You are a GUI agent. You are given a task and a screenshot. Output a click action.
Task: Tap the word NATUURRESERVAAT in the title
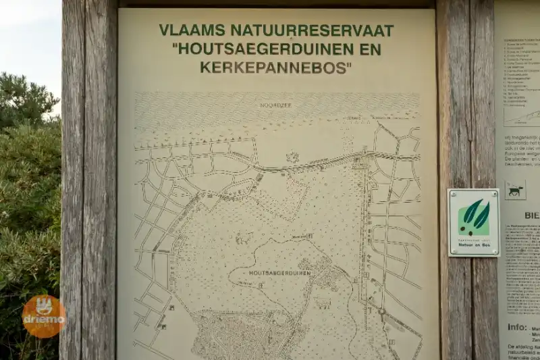coord(311,30)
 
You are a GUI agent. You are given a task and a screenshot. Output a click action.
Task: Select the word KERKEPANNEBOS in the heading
coord(275,68)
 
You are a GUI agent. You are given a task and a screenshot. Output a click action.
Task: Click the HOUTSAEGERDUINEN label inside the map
coord(279,274)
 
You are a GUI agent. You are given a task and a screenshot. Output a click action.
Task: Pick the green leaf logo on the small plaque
coord(474,217)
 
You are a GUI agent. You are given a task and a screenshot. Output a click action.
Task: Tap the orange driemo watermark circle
coord(44,316)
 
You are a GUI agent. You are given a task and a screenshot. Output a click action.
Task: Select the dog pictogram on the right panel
coord(515,191)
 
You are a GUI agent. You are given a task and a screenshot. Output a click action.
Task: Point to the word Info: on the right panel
coord(518,326)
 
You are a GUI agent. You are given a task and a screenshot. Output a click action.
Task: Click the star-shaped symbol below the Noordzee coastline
coord(292,157)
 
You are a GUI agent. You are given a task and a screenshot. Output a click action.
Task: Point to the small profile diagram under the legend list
coord(522,116)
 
